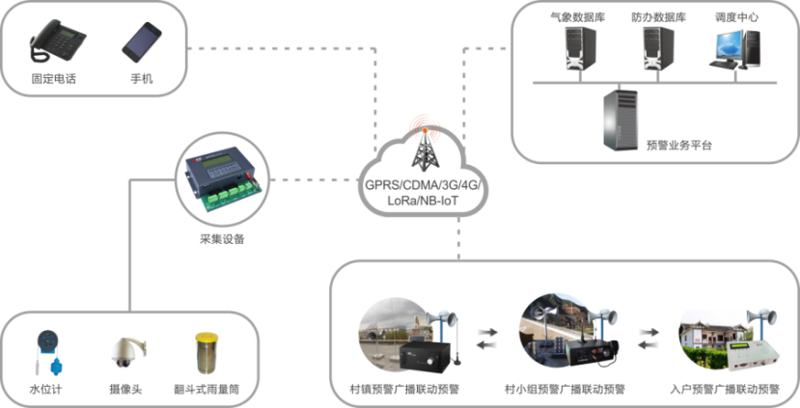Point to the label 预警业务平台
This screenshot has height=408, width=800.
(x=679, y=146)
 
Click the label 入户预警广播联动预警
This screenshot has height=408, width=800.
(x=724, y=392)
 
